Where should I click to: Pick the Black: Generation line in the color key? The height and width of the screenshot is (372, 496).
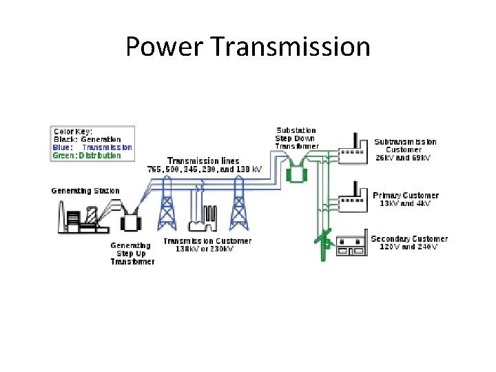click(87, 139)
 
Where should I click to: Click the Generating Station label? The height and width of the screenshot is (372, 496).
click(85, 191)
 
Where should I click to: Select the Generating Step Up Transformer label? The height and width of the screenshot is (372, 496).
click(132, 253)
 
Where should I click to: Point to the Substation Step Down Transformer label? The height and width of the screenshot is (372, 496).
click(297, 138)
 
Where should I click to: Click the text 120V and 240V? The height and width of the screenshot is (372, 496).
click(409, 247)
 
